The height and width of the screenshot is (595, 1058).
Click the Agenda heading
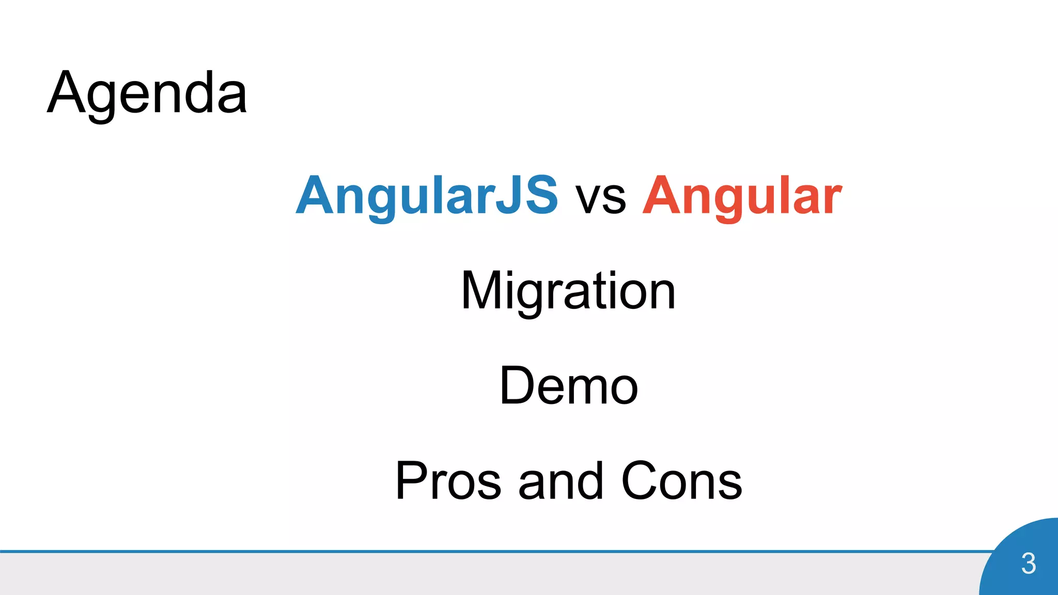click(147, 93)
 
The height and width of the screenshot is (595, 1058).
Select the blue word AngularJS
click(427, 195)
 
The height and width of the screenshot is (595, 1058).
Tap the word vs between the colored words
click(601, 198)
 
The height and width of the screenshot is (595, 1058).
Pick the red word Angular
click(742, 195)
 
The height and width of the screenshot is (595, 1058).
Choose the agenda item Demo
click(569, 386)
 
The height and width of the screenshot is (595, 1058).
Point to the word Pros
click(448, 481)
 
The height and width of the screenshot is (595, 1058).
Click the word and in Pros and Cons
click(561, 481)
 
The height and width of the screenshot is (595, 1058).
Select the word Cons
click(682, 481)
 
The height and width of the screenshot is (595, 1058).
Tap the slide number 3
click(1028, 563)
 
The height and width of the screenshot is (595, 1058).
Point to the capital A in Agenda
click(66, 93)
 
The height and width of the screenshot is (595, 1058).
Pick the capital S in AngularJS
click(540, 195)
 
